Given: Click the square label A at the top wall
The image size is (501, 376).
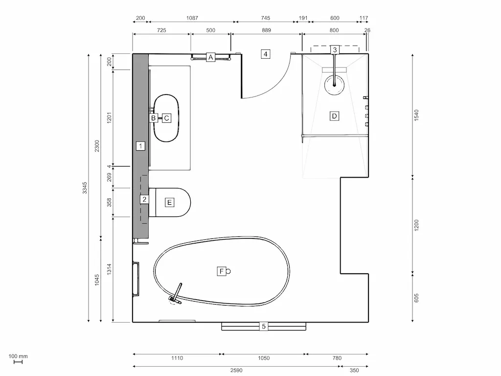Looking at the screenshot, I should pos(210,57).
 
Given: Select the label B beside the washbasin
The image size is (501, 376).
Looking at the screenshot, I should pos(153,118).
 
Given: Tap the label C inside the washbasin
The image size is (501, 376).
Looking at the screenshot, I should pos(166,118).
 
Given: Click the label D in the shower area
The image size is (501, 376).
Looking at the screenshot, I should pos(334,116).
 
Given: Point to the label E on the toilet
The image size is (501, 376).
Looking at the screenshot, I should pos(169,202).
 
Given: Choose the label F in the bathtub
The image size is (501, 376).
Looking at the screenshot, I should pos(221,271).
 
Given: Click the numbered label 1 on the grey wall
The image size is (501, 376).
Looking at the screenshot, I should pos(140,145).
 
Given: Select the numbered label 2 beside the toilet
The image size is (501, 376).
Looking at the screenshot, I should pos(144,199).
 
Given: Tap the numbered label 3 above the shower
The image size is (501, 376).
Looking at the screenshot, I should pos(335,49).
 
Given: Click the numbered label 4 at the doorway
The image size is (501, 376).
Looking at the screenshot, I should pos(266,54).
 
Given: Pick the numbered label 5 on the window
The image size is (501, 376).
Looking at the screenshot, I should pos(264,326).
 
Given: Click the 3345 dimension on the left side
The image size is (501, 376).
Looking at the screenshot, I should pos(85,188).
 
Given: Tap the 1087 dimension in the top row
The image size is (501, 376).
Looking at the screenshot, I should pos(192,18).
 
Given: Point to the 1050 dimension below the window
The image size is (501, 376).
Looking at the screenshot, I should pos(264,358).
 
